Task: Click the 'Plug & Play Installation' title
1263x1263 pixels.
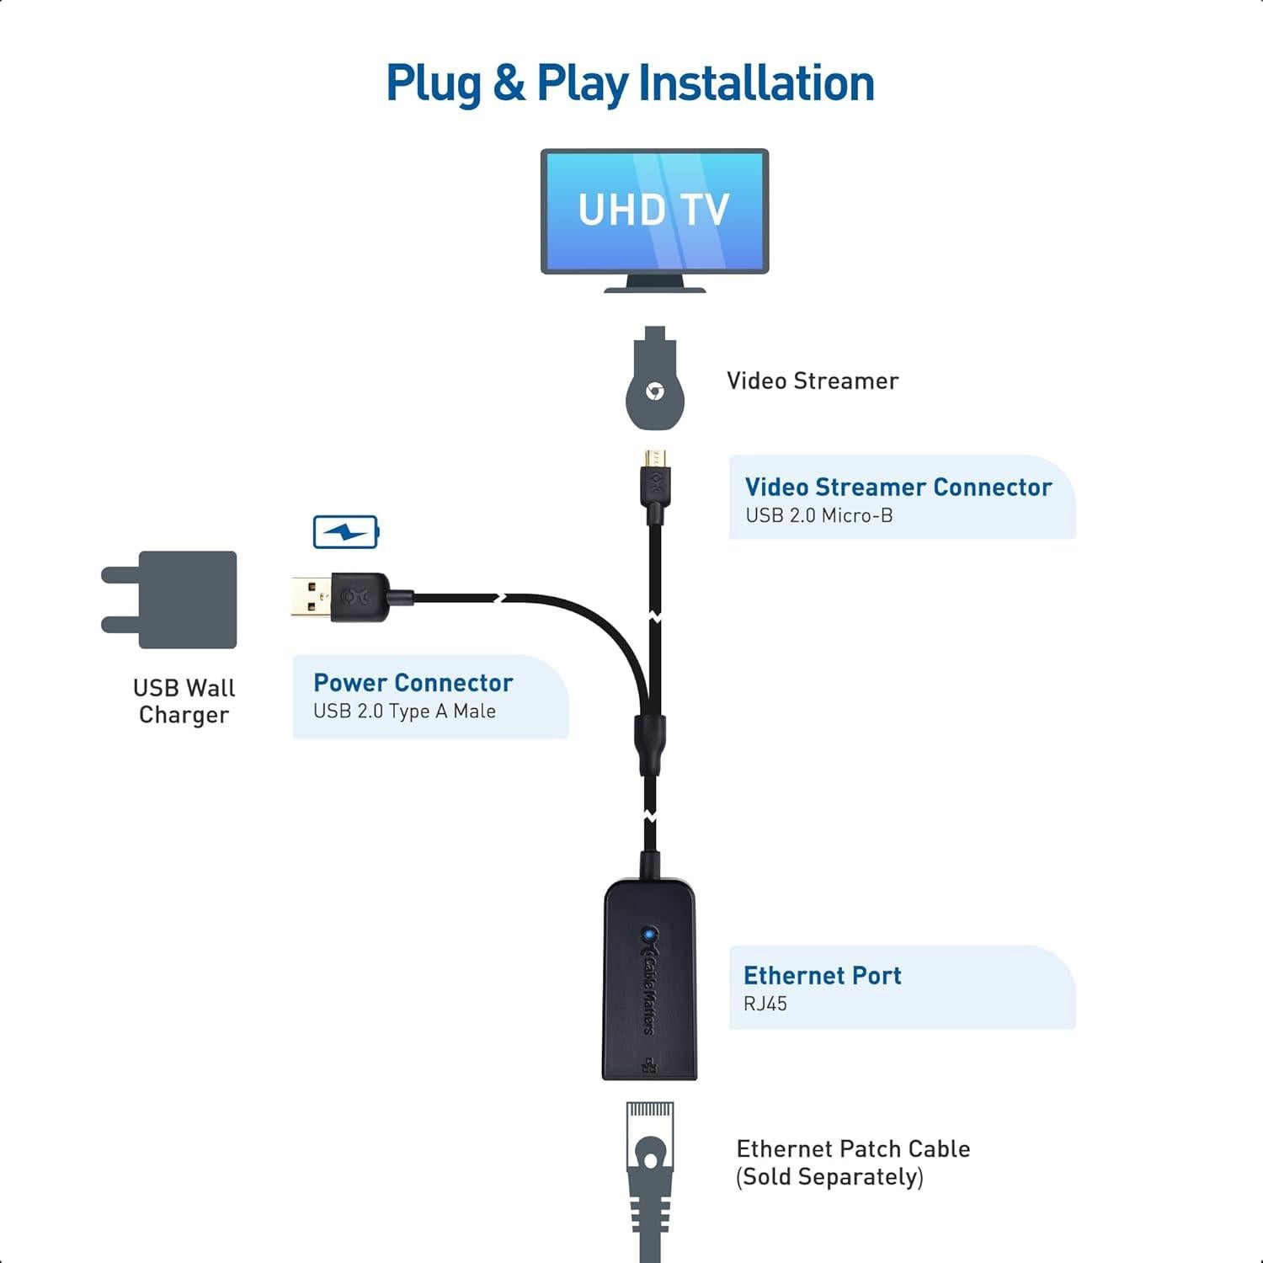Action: coord(630,83)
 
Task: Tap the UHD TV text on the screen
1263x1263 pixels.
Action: coord(653,210)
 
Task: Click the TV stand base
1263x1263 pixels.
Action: coord(654,287)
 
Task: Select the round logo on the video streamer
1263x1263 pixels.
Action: coord(654,392)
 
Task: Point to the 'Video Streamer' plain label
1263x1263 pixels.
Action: coord(813,381)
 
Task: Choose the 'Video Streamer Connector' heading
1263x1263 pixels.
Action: coord(898,487)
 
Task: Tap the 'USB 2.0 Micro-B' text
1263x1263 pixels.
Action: coord(818,515)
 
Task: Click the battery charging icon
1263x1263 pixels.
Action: coord(346,532)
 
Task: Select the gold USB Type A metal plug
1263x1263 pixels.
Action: coord(310,597)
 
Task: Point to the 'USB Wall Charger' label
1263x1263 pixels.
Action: coord(184,701)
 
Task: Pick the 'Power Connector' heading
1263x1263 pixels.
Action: coord(413,682)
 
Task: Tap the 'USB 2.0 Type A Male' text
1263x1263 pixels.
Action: coord(404,711)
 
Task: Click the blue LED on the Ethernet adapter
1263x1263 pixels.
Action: coord(648,934)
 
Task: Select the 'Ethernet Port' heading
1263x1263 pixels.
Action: coord(822,975)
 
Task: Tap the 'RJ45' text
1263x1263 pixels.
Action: coord(765,1004)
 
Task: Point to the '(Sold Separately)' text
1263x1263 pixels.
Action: coord(829,1176)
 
